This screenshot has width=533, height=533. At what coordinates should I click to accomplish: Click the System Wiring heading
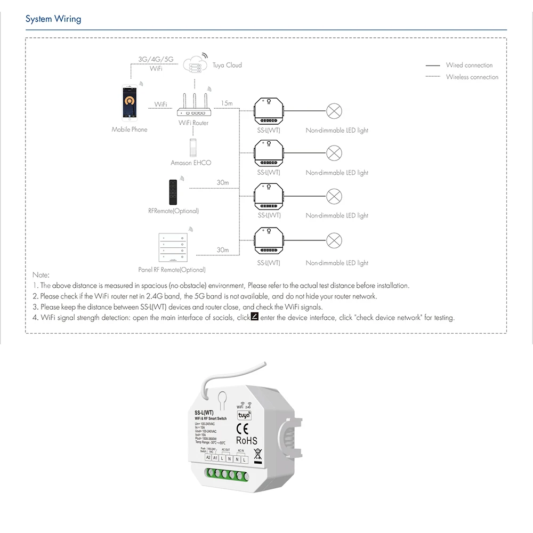pyautogui.click(x=53, y=19)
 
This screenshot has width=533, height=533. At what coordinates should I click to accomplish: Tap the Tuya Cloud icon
pyautogui.click(x=195, y=64)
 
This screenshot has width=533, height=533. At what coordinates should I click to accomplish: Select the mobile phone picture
pyautogui.click(x=129, y=101)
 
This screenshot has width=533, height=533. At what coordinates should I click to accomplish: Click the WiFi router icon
pyautogui.click(x=193, y=106)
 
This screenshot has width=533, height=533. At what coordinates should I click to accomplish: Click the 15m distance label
pyautogui.click(x=226, y=103)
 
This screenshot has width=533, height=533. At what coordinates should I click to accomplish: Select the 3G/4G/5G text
pyautogui.click(x=156, y=59)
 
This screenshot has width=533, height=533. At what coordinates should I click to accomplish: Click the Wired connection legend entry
pyautogui.click(x=469, y=66)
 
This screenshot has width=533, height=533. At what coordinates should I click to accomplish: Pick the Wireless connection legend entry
pyautogui.click(x=472, y=77)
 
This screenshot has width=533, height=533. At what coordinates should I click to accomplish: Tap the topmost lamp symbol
pyautogui.click(x=334, y=111)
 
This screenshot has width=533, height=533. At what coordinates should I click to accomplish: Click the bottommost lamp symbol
pyautogui.click(x=334, y=240)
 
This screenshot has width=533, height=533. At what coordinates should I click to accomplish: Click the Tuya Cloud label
pyautogui.click(x=227, y=66)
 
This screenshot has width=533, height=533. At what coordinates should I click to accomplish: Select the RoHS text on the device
pyautogui.click(x=246, y=441)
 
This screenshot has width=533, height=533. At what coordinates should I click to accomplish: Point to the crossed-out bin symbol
pyautogui.click(x=257, y=455)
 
